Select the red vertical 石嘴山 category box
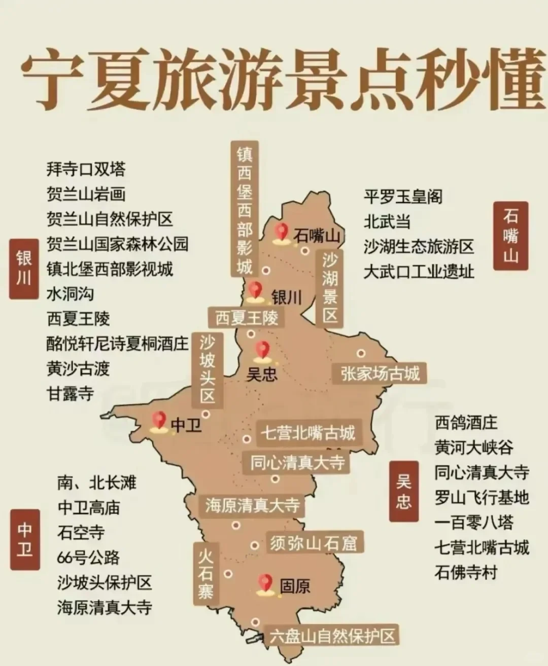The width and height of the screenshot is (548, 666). (510, 236)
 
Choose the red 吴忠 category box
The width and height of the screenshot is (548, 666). (404, 491)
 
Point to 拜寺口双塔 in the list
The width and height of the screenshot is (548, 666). (86, 169)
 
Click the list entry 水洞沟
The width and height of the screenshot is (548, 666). (70, 293)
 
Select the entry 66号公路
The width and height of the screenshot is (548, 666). (88, 558)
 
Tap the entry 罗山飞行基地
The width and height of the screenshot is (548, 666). (481, 498)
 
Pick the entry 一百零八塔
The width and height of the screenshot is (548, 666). (474, 523)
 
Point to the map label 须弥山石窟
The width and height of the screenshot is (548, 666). (314, 543)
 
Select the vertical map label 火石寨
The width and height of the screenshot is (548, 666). (205, 571)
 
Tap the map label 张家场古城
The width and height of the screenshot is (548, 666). (380, 374)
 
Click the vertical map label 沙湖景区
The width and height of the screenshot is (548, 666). (330, 288)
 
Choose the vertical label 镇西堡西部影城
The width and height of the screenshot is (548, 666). (245, 208)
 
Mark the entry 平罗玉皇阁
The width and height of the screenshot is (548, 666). (403, 197)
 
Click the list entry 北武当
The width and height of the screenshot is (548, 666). (387, 221)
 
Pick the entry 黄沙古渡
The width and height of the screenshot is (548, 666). (78, 368)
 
